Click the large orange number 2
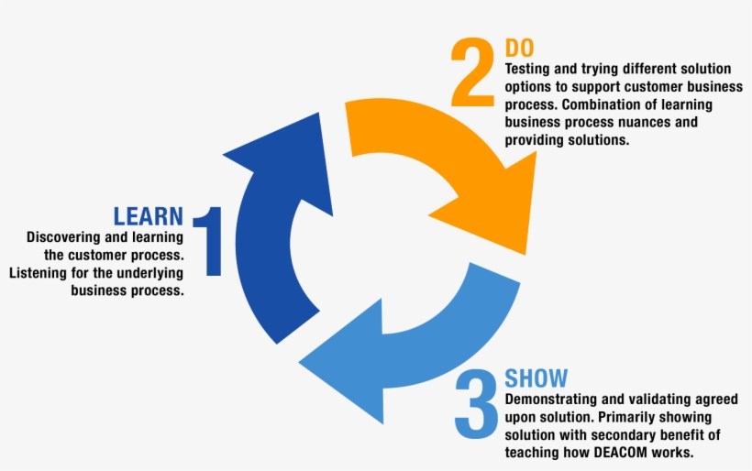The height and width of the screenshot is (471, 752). pyautogui.click(x=472, y=71)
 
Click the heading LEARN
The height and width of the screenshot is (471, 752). pyautogui.click(x=148, y=216)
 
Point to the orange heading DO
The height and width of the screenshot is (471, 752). pyautogui.click(x=519, y=48)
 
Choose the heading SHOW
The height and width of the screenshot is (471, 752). pyautogui.click(x=536, y=378)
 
